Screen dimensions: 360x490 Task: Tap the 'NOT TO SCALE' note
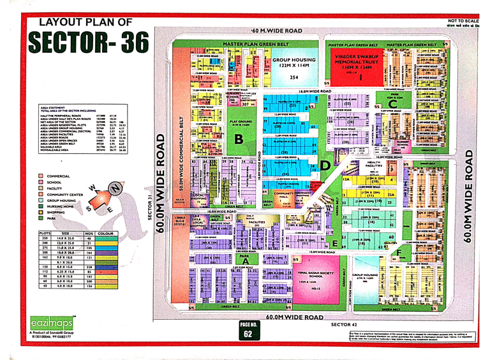463,21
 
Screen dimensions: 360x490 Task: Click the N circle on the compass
115,188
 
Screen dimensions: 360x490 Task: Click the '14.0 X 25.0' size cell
69,239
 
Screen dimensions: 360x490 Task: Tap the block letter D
325,164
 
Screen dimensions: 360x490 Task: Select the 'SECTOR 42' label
348,325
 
